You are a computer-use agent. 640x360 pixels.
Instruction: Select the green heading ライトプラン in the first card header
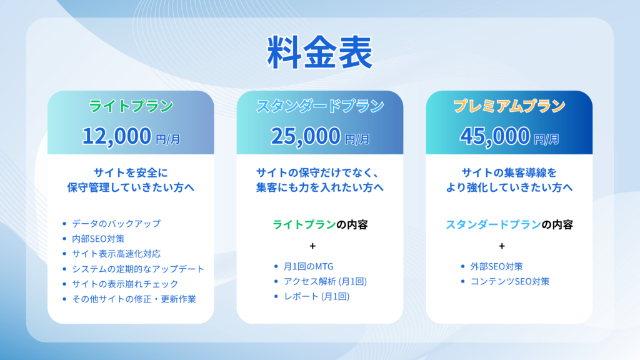click(131, 106)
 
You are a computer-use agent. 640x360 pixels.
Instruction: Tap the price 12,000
click(117, 136)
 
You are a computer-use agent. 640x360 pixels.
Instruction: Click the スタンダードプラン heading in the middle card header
click(319, 106)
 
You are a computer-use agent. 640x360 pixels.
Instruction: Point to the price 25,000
click(306, 136)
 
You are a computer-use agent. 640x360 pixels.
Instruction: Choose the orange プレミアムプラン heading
click(509, 106)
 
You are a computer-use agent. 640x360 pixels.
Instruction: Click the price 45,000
click(494, 136)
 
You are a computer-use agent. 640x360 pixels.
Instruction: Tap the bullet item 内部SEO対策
click(97, 238)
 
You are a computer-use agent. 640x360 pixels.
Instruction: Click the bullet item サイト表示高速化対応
click(116, 254)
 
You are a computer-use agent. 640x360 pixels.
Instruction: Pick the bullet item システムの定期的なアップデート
click(137, 269)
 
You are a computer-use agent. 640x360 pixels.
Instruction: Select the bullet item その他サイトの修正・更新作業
click(134, 299)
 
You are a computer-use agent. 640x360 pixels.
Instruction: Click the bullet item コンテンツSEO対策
click(509, 281)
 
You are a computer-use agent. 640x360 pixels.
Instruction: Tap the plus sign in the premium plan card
click(502, 246)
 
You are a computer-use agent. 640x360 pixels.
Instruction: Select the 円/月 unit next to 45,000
click(546, 138)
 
